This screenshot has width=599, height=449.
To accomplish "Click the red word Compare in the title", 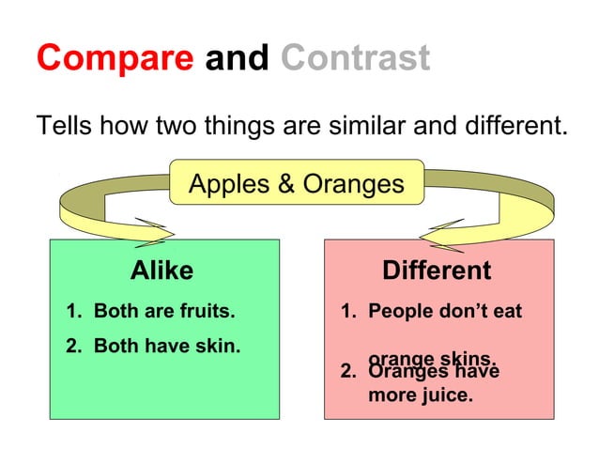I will coord(115,59).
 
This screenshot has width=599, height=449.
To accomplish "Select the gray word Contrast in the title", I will coord(355,58).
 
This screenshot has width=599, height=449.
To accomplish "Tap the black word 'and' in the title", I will coord(238,58).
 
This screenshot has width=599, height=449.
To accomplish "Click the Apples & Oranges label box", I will coord(296,183).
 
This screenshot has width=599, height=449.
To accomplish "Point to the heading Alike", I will coord(161,271).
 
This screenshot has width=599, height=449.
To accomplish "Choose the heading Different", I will coord(436,271).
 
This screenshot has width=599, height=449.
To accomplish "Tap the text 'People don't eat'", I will coord(444,310).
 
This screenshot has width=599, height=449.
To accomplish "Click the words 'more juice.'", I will coord(420,395).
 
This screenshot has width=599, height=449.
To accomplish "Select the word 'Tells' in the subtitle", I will coord(63,125).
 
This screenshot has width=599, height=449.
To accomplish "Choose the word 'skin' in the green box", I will coord(215,346).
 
